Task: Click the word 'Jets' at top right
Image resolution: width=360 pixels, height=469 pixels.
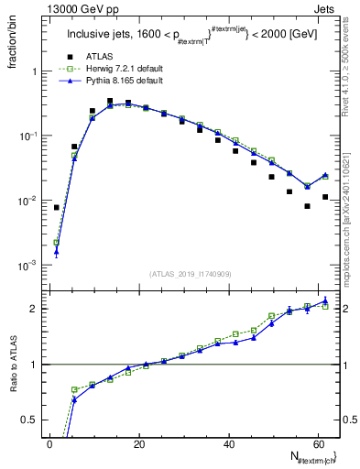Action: click(x=324, y=8)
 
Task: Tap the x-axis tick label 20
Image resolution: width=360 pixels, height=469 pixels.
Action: click(x=139, y=444)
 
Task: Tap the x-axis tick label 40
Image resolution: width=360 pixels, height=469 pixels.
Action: click(x=228, y=444)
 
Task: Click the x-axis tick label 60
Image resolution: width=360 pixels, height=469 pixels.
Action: click(x=317, y=444)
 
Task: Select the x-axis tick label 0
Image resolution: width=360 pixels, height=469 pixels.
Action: click(x=49, y=444)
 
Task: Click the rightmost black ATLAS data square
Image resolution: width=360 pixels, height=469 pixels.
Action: click(x=325, y=197)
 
